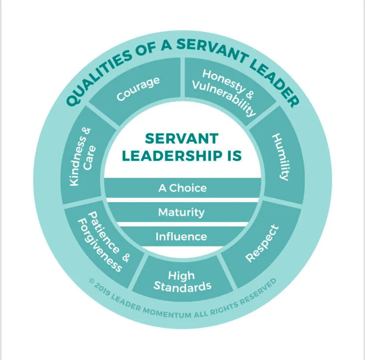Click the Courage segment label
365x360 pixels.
point(138,89)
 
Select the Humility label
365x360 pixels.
point(281,157)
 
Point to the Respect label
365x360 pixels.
point(262,243)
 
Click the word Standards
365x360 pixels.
point(182,286)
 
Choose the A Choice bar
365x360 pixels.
point(182,188)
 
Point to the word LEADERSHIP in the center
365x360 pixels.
point(172,156)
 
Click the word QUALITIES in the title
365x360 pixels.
point(98,79)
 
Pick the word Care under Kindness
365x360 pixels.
point(89,158)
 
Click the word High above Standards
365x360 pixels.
point(181,276)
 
